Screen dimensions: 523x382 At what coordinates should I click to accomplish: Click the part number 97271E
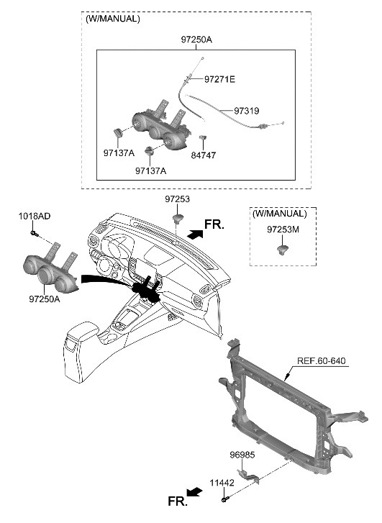click(x=219, y=79)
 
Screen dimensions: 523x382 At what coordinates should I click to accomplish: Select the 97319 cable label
click(x=246, y=112)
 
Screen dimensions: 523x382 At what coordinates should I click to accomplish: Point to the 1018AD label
click(x=35, y=217)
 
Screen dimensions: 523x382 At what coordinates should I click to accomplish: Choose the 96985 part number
click(x=243, y=455)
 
